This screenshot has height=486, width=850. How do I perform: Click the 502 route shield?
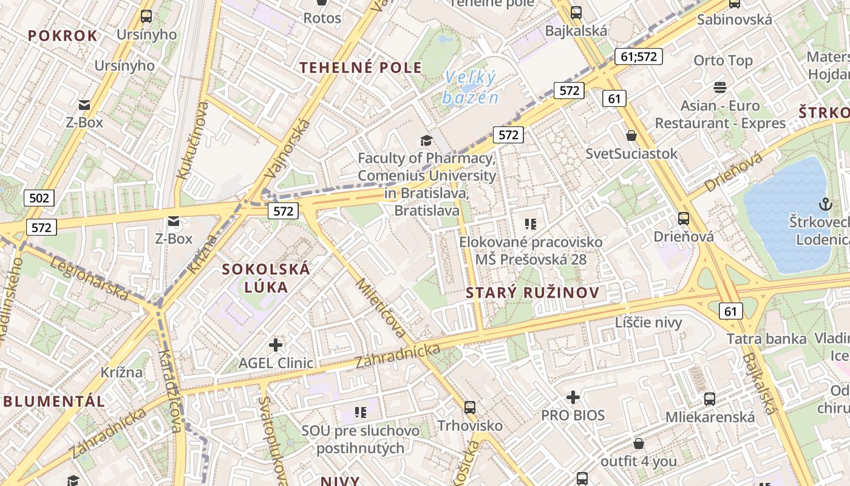point(39,197)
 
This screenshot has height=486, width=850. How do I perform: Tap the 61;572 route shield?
point(638,56)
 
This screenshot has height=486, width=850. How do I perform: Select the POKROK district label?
point(63,36)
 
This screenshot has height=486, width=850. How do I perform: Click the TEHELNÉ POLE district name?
point(361,67)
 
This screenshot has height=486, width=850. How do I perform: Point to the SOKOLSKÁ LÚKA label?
point(266,278)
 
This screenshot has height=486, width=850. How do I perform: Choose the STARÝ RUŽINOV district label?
point(532,293)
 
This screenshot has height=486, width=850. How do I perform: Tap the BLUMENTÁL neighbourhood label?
point(54,401)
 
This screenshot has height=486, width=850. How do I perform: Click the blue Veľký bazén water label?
point(471,87)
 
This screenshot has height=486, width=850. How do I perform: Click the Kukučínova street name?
point(192,140)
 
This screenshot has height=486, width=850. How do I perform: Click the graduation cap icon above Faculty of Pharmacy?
point(427,141)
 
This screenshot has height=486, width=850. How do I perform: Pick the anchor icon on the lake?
point(824,204)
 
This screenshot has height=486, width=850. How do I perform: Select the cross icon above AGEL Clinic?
point(276,345)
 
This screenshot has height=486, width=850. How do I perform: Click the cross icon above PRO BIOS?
point(573,397)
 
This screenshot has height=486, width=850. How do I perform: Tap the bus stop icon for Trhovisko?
point(469,408)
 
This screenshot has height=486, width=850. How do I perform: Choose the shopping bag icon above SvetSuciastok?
point(631,135)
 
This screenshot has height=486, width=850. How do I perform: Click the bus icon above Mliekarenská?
point(709,399)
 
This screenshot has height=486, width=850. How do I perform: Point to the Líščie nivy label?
point(648,322)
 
